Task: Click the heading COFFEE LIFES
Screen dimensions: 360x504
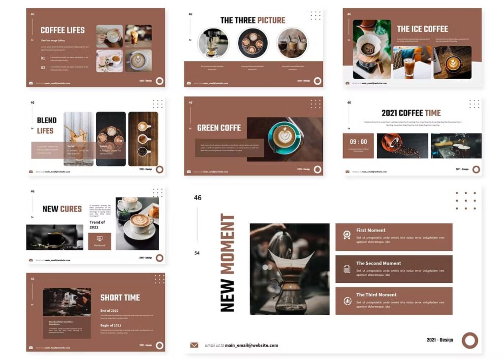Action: pos(63,30)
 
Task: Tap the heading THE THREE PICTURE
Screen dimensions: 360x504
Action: pos(252,20)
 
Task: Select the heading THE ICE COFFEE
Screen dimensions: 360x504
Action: pos(422,29)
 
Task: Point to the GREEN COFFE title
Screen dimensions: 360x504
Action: pos(219,128)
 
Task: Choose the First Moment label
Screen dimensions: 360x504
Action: pos(371,230)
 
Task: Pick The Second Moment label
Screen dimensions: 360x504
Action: pos(378,263)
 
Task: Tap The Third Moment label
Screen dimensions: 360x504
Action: pos(376,295)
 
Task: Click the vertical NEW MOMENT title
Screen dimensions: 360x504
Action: pos(227,263)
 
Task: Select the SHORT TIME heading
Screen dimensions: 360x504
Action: pos(120,298)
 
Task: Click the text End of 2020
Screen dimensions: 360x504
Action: pos(109,311)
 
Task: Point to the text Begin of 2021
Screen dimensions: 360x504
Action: pos(111,326)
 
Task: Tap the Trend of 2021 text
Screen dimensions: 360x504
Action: pos(97,225)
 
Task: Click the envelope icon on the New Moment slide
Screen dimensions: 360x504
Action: pos(194,345)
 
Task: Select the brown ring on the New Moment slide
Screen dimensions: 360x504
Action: pos(470,340)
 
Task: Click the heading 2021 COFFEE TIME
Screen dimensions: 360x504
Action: pos(411,113)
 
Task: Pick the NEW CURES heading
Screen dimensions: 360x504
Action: pos(62,209)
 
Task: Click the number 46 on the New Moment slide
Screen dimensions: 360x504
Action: pos(197,198)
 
